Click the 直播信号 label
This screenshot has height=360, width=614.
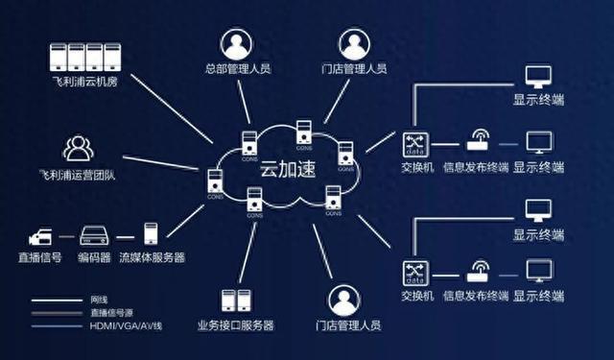pyautogui.click(x=42, y=257)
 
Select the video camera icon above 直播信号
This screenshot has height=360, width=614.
pyautogui.click(x=42, y=234)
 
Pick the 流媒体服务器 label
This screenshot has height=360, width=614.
pyautogui.click(x=152, y=257)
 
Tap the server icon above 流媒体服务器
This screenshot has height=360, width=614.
pyautogui.click(x=151, y=233)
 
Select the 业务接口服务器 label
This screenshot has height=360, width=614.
pyautogui.click(x=235, y=326)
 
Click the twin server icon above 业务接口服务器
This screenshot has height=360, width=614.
pyautogui.click(x=235, y=300)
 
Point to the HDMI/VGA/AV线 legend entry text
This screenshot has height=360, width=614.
pyautogui.click(x=123, y=325)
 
